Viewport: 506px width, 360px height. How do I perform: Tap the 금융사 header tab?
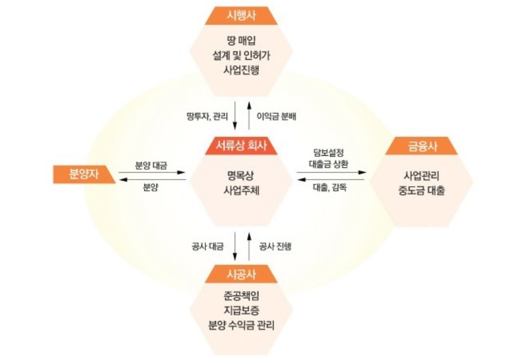tap(421, 146)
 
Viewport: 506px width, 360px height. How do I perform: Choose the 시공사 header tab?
tap(241, 274)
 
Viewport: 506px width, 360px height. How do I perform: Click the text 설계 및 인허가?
tap(241, 54)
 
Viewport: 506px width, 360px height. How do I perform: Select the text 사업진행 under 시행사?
tap(241, 70)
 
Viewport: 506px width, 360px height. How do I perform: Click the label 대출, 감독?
tap(329, 188)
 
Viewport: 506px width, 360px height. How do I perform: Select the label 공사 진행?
tap(275, 246)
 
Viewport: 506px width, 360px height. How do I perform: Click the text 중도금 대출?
tap(421, 190)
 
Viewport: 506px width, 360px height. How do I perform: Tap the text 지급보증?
tap(241, 309)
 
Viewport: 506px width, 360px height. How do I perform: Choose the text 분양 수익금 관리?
tap(241, 324)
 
